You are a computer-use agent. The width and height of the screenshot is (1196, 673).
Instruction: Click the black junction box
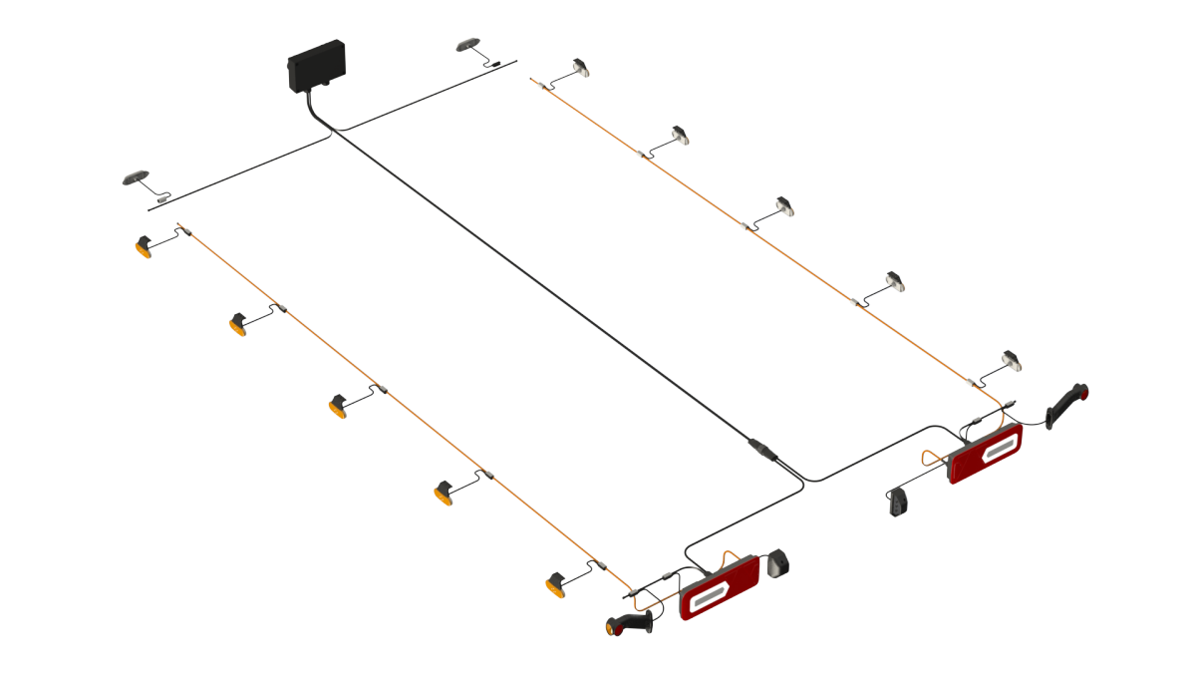click(x=316, y=66)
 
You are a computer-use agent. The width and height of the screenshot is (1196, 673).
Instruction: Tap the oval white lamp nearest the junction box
click(x=467, y=45)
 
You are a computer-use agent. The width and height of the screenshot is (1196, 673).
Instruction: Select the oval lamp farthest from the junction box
click(x=135, y=177)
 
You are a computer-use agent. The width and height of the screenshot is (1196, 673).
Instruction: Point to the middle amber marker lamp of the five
click(x=340, y=406)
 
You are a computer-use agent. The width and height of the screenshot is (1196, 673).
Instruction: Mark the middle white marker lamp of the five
click(x=786, y=205)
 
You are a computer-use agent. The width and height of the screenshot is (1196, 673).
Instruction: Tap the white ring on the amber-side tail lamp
click(x=708, y=596)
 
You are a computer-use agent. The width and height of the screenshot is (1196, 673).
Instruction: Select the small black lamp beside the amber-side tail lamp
click(x=778, y=565)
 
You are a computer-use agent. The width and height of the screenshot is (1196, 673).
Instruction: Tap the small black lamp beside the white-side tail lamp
click(x=900, y=502)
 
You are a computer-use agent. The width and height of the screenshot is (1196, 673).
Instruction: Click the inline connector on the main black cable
click(x=762, y=450)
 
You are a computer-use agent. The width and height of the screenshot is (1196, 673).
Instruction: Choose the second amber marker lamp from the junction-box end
click(x=239, y=323)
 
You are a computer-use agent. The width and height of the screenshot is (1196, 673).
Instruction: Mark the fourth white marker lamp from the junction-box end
click(x=895, y=282)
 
